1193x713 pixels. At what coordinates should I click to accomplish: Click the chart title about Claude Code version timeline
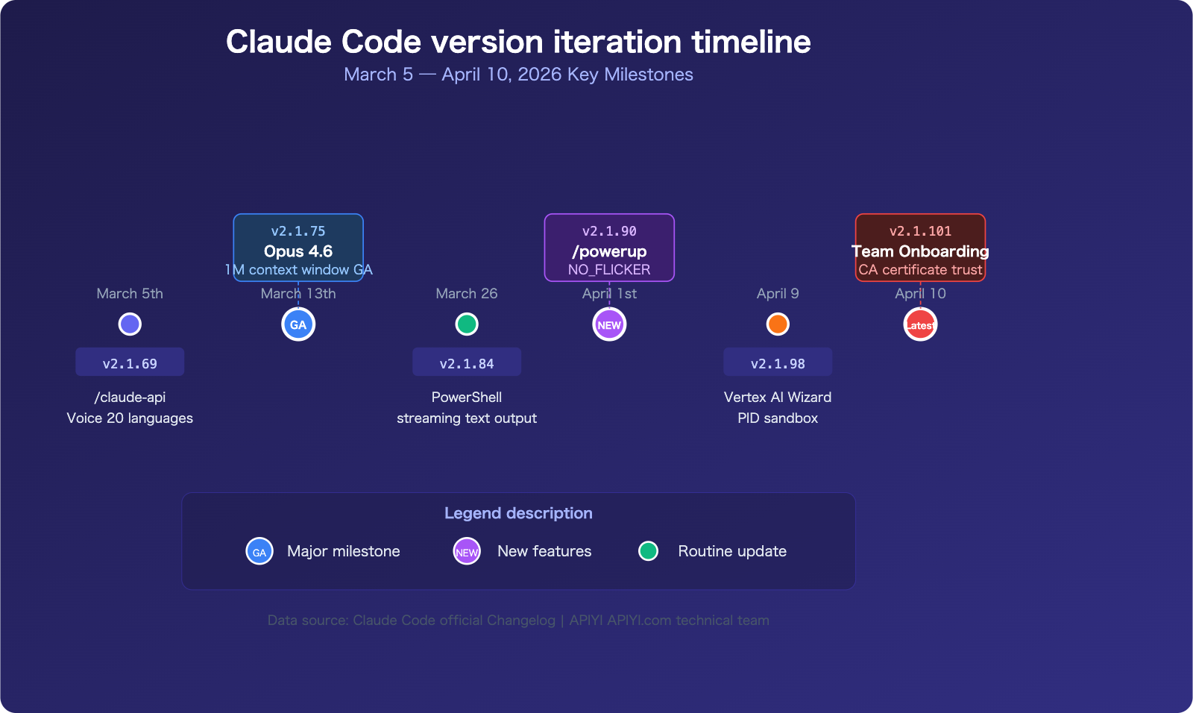click(518, 42)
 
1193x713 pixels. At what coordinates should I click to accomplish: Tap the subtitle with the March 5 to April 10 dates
click(518, 75)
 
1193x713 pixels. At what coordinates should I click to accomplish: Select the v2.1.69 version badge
click(130, 362)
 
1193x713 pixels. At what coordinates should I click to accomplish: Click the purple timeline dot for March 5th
click(130, 324)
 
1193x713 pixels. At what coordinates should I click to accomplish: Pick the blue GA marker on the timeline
click(298, 324)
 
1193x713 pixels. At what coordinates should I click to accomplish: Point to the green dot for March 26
click(467, 324)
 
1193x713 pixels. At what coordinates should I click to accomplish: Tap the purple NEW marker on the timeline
click(609, 324)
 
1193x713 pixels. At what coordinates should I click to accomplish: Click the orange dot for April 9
click(778, 324)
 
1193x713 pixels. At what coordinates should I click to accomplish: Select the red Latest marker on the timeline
click(920, 324)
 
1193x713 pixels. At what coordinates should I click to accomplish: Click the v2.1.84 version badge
click(467, 362)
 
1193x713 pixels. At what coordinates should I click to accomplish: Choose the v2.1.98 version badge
click(778, 362)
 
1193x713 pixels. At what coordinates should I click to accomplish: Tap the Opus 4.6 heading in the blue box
click(298, 251)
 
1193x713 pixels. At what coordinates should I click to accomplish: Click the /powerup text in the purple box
click(609, 251)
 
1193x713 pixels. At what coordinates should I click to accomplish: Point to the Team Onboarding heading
click(920, 251)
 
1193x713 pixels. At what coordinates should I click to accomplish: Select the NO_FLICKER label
click(609, 270)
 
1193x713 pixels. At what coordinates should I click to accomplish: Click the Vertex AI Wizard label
click(778, 398)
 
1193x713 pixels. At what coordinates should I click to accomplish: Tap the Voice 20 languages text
click(130, 418)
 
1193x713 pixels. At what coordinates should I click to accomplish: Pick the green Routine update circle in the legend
click(649, 551)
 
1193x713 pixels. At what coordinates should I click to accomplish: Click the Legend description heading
click(518, 513)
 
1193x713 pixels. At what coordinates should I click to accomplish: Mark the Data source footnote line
click(518, 621)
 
